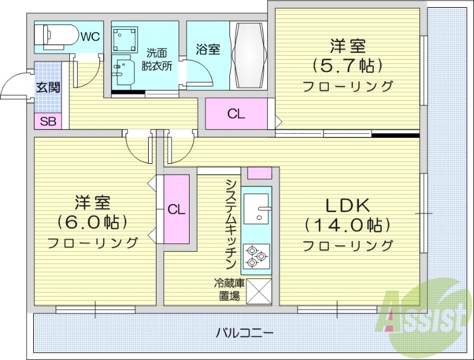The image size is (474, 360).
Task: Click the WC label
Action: (90, 37)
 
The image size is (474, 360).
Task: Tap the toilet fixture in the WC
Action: (54, 36)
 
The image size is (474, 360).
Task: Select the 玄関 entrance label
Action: (47, 88)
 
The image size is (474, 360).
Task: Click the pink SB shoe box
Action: (47, 123)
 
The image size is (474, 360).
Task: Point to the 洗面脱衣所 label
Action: (156, 59)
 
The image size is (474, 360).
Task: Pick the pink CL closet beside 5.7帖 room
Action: (236, 115)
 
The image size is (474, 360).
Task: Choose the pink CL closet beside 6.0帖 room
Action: (176, 209)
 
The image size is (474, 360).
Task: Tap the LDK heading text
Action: (347, 205)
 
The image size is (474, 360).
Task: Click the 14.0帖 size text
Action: (347, 225)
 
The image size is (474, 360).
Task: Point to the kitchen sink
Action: (256, 209)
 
